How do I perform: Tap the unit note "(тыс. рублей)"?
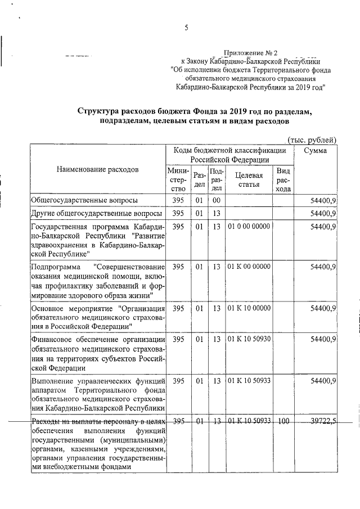pos(312,139)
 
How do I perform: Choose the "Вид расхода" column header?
pos(283,180)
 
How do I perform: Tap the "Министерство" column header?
pos(178,180)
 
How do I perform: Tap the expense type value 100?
pos(283,421)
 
